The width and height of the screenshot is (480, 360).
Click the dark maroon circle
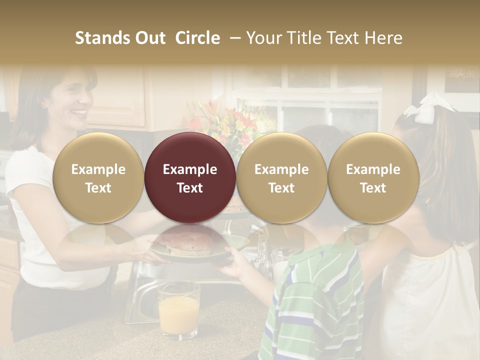189,177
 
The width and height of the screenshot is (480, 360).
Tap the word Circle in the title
197,38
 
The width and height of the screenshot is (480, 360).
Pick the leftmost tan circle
98,177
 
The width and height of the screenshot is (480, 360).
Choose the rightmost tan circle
373,177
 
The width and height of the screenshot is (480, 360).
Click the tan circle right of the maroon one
281,177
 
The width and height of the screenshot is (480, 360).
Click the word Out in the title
149,38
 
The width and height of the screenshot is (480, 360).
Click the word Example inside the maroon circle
189,169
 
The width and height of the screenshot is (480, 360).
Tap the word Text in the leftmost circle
98,187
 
